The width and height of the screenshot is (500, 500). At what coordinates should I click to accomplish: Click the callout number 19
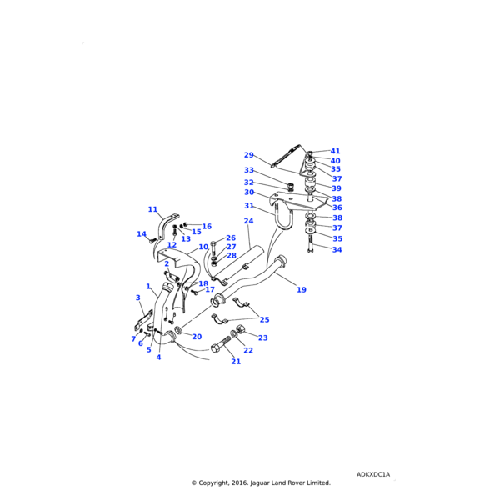coord(302,289)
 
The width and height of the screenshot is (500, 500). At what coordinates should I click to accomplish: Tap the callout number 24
coord(248,221)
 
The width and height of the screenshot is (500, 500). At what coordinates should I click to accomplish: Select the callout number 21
coord(236,361)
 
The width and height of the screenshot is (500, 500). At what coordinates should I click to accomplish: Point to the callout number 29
coord(248,155)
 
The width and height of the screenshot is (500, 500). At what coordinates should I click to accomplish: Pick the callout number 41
coord(335,152)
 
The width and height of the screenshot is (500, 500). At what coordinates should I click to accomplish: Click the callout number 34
coord(337,249)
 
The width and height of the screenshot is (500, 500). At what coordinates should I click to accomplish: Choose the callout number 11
coord(152,209)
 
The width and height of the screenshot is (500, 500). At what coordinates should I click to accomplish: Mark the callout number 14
coord(142,234)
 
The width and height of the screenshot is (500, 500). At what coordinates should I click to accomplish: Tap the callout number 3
coord(137,297)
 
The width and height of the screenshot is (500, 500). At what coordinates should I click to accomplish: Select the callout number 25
coord(264,319)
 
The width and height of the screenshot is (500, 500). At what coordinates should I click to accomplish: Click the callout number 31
coord(248,206)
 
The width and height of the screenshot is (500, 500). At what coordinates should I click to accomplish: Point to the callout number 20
coord(197,337)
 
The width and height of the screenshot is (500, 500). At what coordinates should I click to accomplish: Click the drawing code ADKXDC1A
coord(373,474)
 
